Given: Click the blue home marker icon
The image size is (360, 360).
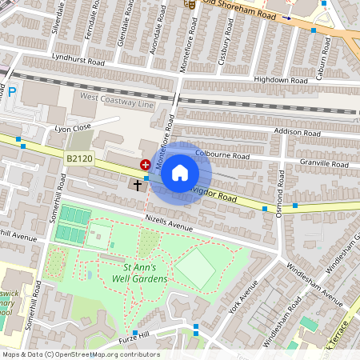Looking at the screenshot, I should point(180,173).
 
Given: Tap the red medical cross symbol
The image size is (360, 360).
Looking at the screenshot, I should point(146,164).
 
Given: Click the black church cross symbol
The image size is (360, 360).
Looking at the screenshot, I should point(138,186).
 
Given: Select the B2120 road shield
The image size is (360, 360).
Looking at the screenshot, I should point(80,159).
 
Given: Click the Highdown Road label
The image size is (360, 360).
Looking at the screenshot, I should point(280,80).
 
